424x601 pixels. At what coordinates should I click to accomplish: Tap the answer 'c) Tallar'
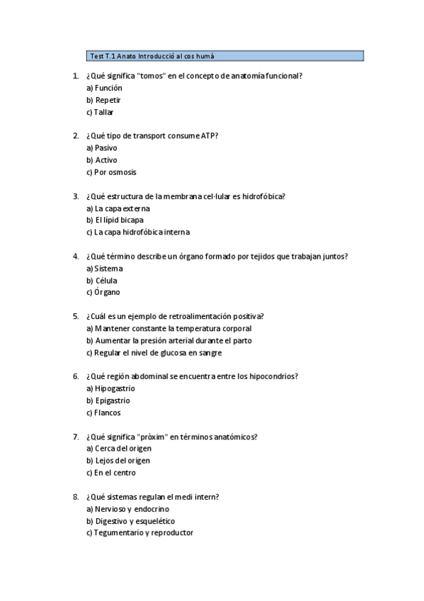pyautogui.click(x=100, y=112)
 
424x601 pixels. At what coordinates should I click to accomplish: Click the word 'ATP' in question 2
pyautogui.click(x=210, y=136)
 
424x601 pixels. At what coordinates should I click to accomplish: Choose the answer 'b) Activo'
pyautogui.click(x=102, y=160)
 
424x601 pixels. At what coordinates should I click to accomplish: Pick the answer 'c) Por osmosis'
pyautogui.click(x=111, y=172)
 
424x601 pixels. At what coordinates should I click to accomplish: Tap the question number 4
pyautogui.click(x=75, y=257)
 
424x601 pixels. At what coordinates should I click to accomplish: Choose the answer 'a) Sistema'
pyautogui.click(x=104, y=269)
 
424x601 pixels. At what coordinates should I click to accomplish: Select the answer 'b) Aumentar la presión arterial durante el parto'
pyautogui.click(x=168, y=341)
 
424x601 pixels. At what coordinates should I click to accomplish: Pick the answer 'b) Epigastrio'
pyautogui.click(x=108, y=401)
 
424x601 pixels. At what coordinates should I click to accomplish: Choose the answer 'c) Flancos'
pyautogui.click(x=103, y=413)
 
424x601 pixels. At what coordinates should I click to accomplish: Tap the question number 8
pyautogui.click(x=75, y=498)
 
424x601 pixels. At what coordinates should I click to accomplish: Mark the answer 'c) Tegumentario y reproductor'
pyautogui.click(x=139, y=534)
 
